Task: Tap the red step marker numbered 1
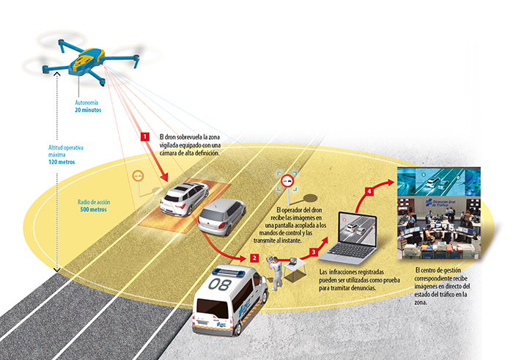click(x=145, y=136)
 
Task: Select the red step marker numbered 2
click(x=254, y=257)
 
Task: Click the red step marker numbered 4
click(x=369, y=192)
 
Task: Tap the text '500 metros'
click(x=93, y=209)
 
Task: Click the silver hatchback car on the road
click(x=222, y=217)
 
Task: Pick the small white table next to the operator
click(x=295, y=268)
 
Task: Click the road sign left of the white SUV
click(x=136, y=177)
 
